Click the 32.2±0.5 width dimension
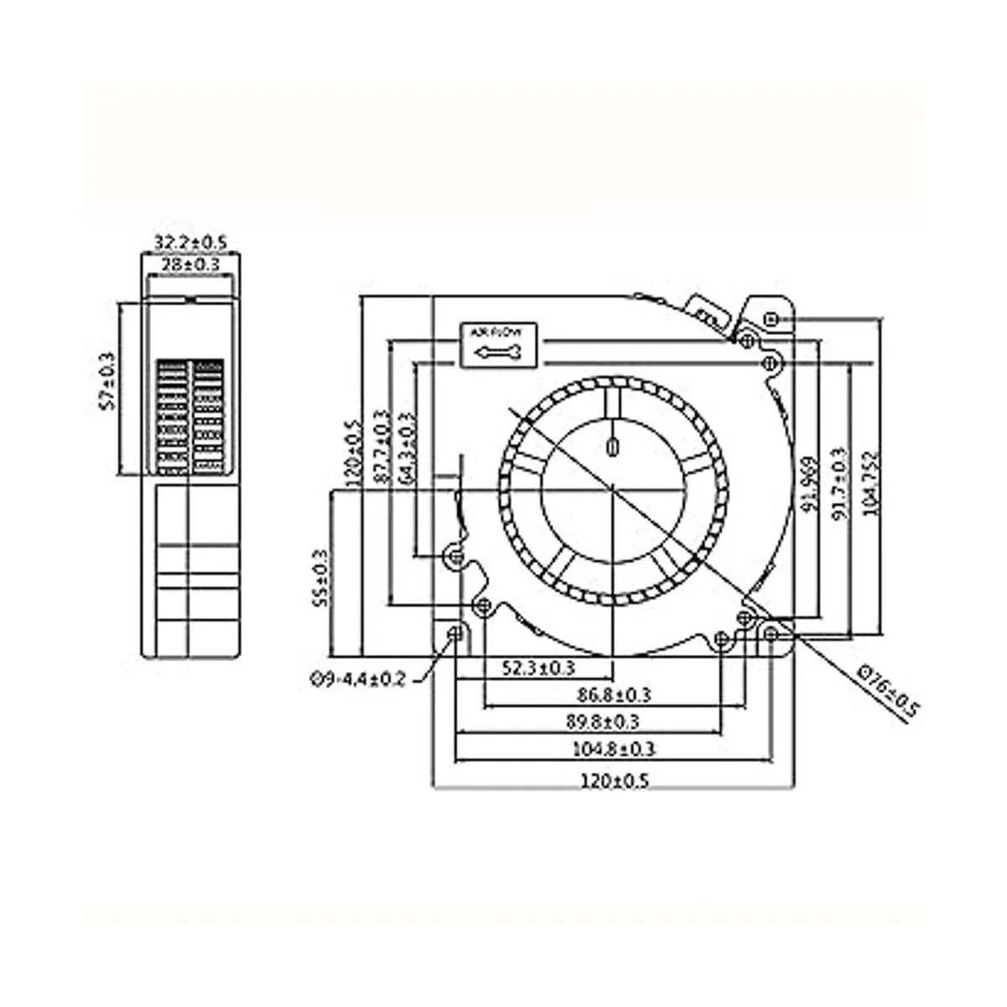pyautogui.click(x=190, y=243)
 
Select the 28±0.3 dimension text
pyautogui.click(x=190, y=264)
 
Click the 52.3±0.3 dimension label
pyautogui.click(x=538, y=668)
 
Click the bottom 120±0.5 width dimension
pyautogui.click(x=614, y=780)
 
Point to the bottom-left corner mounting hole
pyautogui.click(x=457, y=634)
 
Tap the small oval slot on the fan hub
pyautogui.click(x=613, y=444)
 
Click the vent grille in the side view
pyautogui.click(x=190, y=417)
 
